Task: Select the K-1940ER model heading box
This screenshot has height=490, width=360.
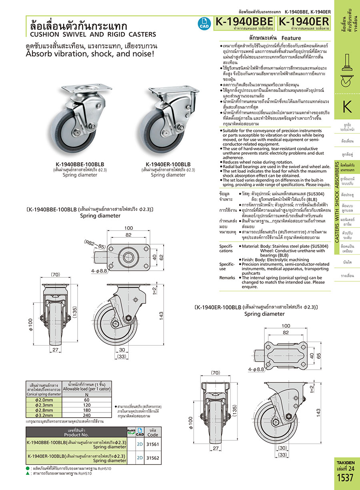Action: point(304,22)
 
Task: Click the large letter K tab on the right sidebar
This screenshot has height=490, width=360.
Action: point(347,108)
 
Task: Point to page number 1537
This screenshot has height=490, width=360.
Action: point(345,478)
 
